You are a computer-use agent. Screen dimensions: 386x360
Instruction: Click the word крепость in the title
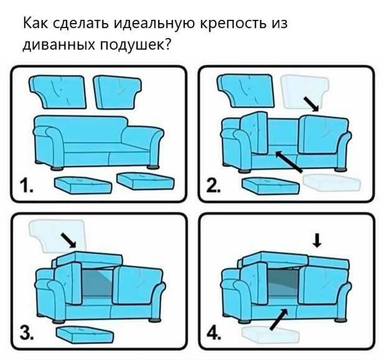tap(233, 24)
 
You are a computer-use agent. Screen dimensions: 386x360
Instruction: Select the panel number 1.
tap(26, 186)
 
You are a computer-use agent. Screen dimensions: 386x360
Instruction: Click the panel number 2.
tap(214, 186)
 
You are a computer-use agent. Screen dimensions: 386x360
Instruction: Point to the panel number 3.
tap(27, 333)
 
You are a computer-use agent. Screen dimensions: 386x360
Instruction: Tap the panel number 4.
tap(214, 334)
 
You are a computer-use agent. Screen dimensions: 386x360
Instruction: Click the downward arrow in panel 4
tap(317, 240)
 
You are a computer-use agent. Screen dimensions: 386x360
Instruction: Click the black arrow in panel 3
tap(68, 240)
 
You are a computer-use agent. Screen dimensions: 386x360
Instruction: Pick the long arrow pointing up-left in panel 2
tap(289, 161)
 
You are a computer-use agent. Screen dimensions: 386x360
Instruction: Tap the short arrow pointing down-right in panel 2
tap(311, 104)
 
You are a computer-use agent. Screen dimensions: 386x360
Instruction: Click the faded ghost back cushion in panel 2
tap(304, 92)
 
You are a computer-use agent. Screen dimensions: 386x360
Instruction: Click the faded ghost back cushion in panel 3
tap(57, 236)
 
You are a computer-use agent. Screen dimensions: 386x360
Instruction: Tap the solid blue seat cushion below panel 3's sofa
tap(85, 335)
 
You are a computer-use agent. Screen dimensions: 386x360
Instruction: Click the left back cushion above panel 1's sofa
tap(58, 92)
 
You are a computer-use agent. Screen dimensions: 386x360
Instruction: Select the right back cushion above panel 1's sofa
tap(117, 92)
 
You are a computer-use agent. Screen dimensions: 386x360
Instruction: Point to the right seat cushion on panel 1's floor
tap(146, 181)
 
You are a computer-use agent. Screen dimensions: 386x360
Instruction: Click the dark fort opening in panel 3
tap(97, 283)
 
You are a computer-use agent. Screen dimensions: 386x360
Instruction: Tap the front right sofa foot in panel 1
tap(154, 167)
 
